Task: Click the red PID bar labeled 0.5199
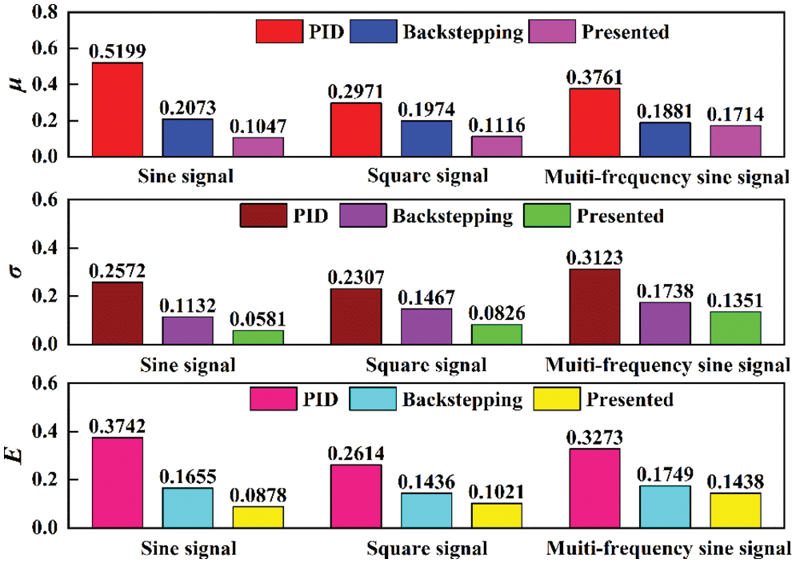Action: [x=118, y=110]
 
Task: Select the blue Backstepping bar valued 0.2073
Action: [x=188, y=138]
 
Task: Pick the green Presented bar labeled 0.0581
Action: [x=258, y=337]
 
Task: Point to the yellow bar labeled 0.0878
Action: [x=258, y=517]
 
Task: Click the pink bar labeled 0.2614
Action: [x=355, y=496]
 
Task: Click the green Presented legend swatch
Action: [x=546, y=216]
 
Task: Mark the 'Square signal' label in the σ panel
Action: [x=426, y=366]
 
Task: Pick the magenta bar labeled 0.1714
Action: [x=735, y=141]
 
